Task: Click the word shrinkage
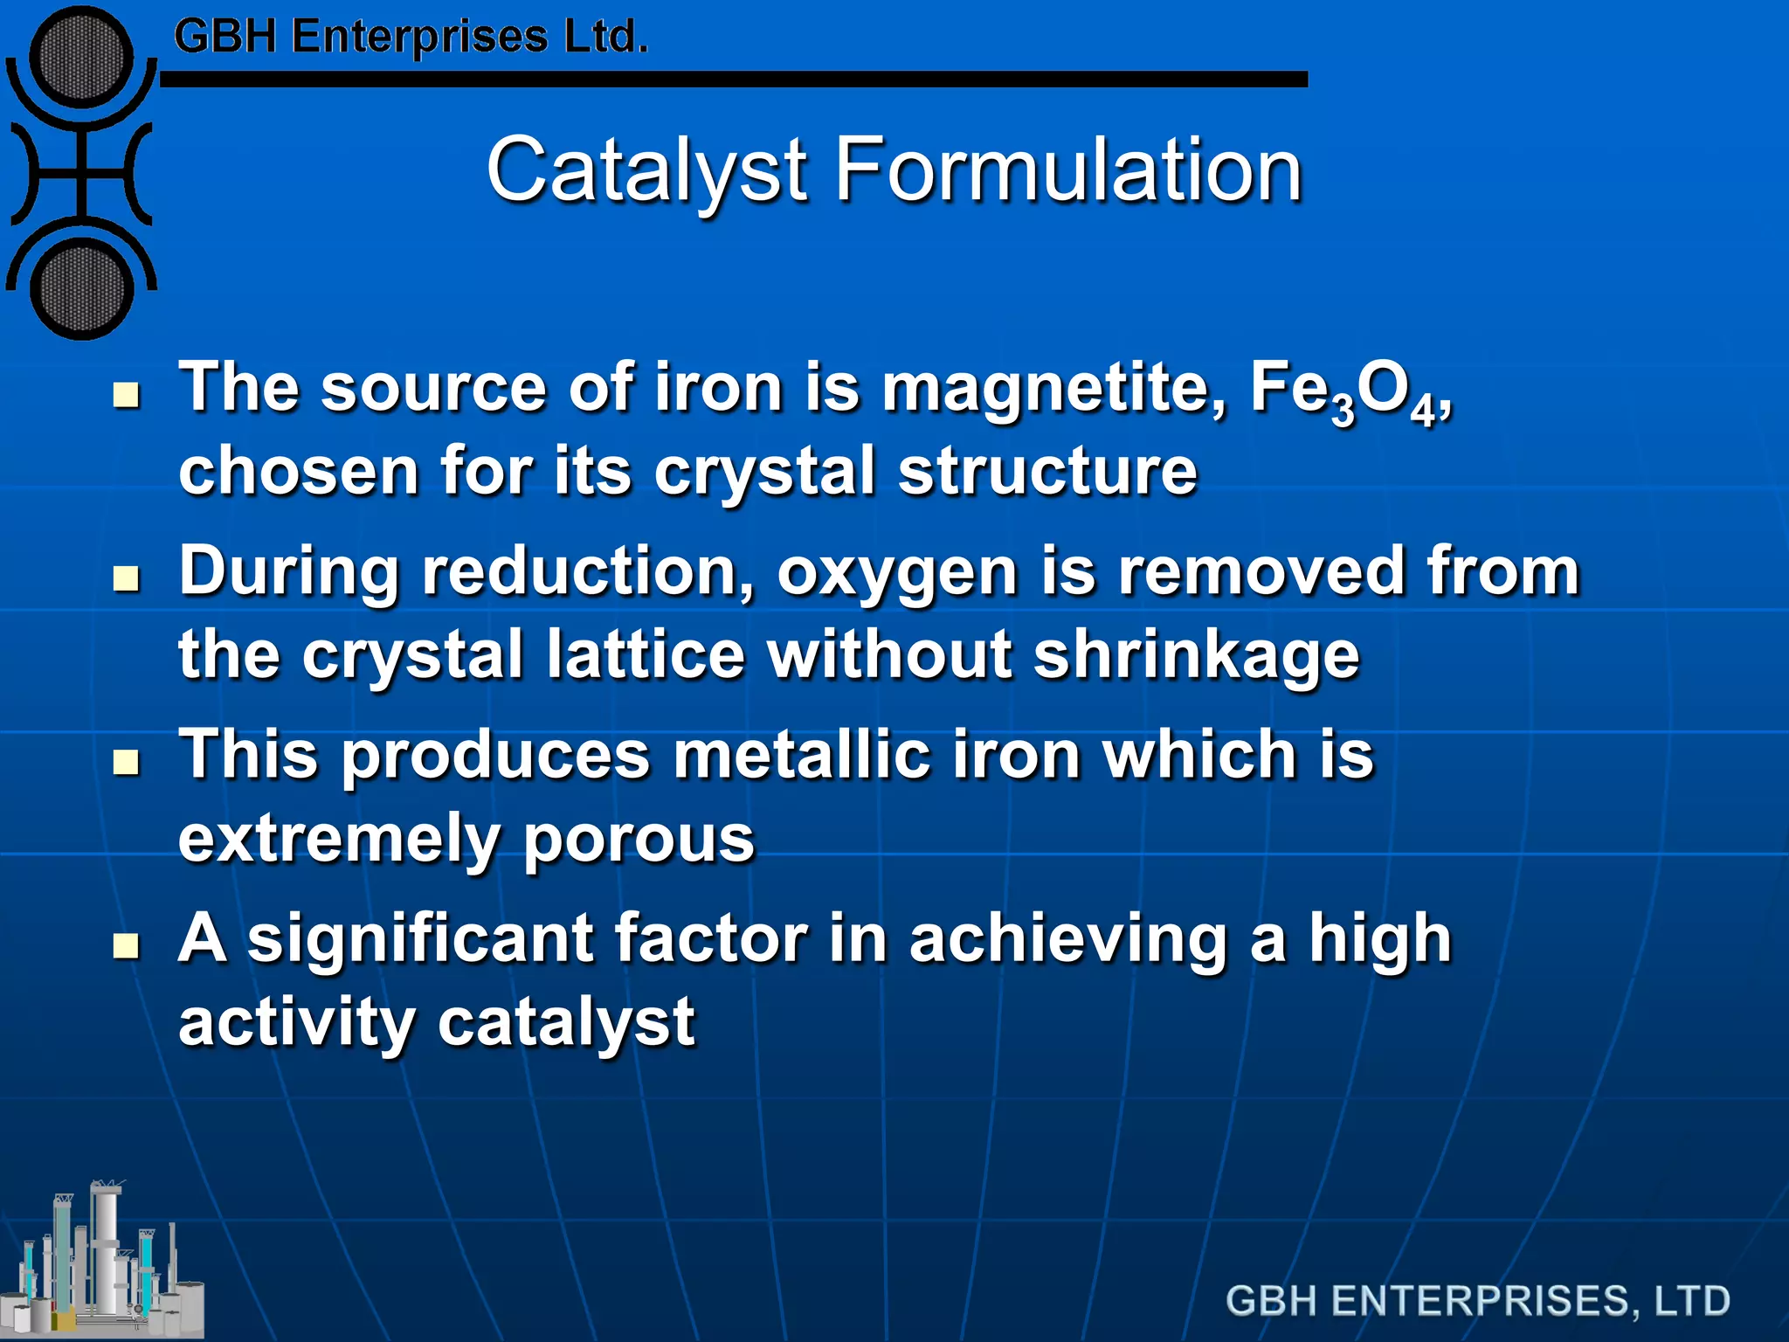pyautogui.click(x=1196, y=655)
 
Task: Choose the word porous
pyautogui.click(x=639, y=840)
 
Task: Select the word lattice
pyautogui.click(x=646, y=655)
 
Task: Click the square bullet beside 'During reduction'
pyautogui.click(x=128, y=578)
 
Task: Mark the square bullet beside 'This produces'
pyautogui.click(x=128, y=762)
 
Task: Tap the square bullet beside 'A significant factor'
pyautogui.click(x=128, y=945)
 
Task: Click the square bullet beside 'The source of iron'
pyautogui.click(x=128, y=395)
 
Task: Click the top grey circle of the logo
pyautogui.click(x=81, y=59)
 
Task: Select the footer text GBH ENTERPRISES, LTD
pyautogui.click(x=1477, y=1301)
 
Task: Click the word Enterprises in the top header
pyautogui.click(x=419, y=38)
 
